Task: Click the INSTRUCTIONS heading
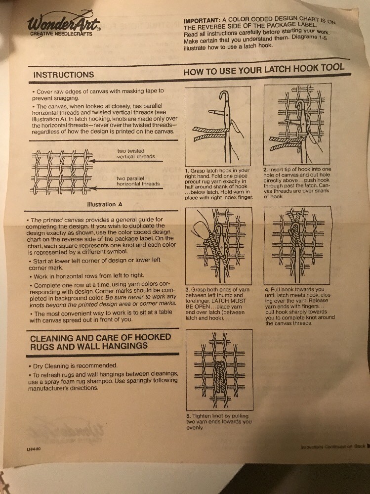click(64, 75)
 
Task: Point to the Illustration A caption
click(101, 204)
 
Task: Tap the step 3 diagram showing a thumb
click(217, 245)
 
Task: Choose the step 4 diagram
click(296, 245)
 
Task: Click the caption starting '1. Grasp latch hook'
click(217, 183)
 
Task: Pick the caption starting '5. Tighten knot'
click(218, 421)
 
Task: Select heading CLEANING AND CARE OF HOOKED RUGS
click(101, 341)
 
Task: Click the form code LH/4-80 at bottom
click(34, 449)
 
